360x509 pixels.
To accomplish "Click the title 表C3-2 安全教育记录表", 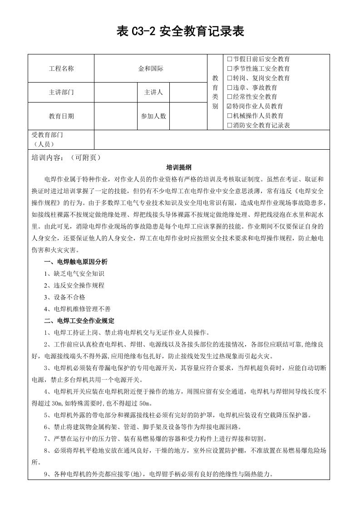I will [180, 31].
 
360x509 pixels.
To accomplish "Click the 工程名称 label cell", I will [61, 69].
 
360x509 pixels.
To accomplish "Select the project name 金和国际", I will [151, 69].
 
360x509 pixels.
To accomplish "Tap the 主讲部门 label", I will [61, 92].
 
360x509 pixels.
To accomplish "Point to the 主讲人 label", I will [153, 92].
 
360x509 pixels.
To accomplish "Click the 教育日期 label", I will [61, 116].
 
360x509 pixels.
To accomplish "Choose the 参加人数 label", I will [153, 116].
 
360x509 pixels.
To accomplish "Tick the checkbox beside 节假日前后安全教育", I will [229, 59].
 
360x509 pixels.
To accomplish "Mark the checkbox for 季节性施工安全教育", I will [229, 69].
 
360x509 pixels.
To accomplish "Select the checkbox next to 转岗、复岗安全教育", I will [229, 78].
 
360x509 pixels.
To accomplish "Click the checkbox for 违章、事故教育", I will [229, 88].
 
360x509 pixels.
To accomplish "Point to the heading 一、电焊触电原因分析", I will [76, 262].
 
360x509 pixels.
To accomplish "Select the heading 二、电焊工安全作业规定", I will [79, 321].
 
